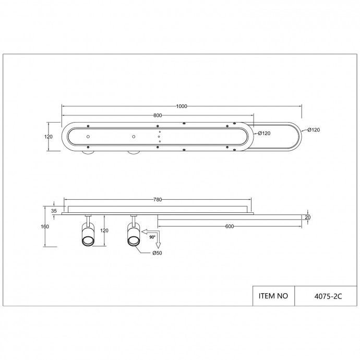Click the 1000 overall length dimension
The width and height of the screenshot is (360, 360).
[x=182, y=106]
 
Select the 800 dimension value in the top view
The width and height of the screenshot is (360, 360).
[x=158, y=115]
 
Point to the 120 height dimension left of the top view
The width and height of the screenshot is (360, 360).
[x=49, y=137]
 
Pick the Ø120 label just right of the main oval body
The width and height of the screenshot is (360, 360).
[x=265, y=134]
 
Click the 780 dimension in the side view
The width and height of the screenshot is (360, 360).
[x=158, y=199]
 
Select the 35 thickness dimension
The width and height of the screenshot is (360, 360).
[x=53, y=210]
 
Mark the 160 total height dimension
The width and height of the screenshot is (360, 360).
[x=45, y=226]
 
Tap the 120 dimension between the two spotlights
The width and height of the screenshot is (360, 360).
[x=105, y=230]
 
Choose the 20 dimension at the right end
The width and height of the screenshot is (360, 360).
[x=307, y=217]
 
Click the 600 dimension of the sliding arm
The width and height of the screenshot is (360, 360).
[x=230, y=226]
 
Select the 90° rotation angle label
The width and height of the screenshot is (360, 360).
[x=152, y=237]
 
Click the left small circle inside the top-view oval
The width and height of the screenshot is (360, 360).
[x=88, y=137]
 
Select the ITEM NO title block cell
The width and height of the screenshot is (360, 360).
[x=273, y=296]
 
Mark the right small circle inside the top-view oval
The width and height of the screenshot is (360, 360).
[x=134, y=137]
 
